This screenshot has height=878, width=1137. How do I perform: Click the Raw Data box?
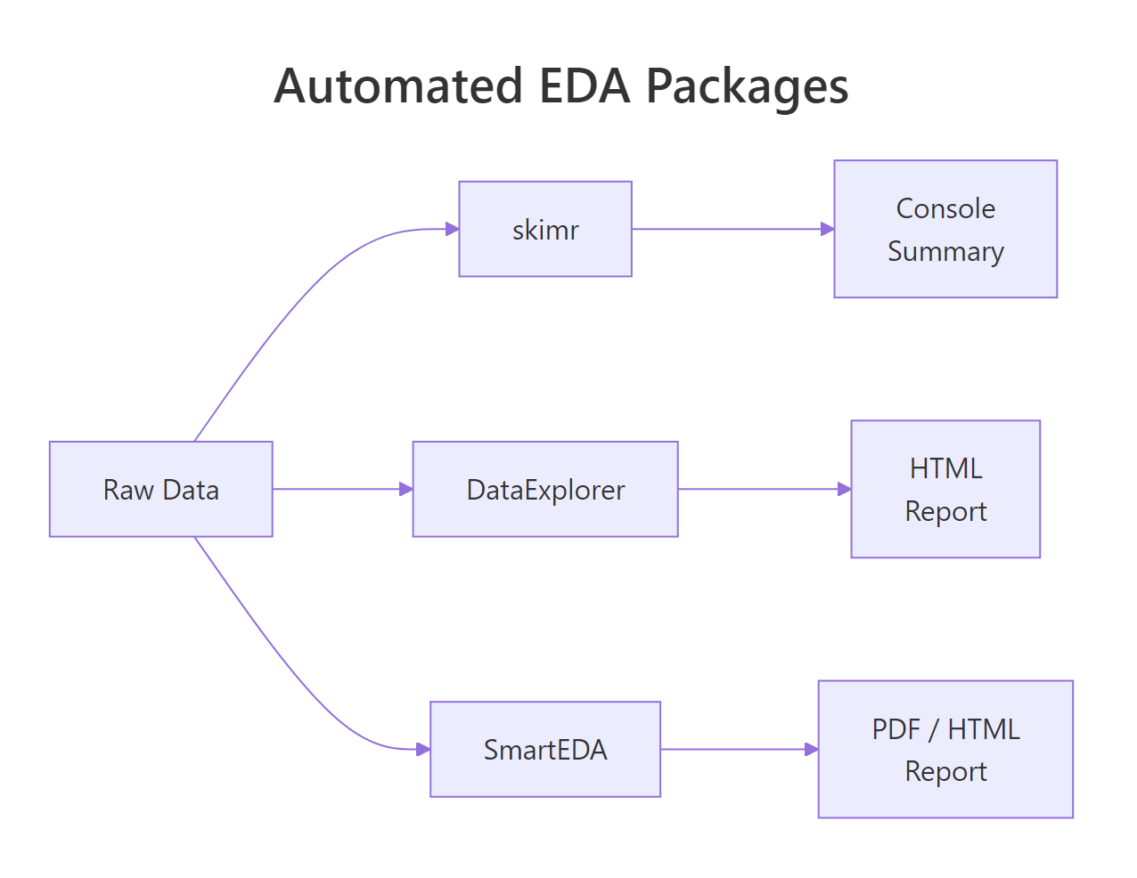(x=160, y=489)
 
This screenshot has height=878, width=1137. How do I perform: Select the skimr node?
(x=544, y=229)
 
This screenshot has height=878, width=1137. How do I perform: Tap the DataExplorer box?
(x=544, y=489)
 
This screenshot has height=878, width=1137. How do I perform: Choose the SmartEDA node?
(x=544, y=749)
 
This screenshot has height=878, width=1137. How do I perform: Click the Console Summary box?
(x=945, y=229)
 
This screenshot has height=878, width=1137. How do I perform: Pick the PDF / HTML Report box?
(x=945, y=749)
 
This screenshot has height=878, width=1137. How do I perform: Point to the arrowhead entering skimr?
(x=452, y=229)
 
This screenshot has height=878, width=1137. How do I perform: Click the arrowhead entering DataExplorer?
(x=406, y=489)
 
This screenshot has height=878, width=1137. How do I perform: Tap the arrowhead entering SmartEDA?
(x=423, y=749)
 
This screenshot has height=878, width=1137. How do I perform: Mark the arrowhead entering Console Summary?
(x=827, y=229)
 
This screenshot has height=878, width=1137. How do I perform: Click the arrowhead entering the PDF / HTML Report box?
(x=811, y=749)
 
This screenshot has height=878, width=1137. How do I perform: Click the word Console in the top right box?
(x=945, y=208)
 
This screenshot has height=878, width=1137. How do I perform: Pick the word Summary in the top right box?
(x=945, y=252)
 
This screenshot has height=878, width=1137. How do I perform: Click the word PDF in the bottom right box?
(x=896, y=729)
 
